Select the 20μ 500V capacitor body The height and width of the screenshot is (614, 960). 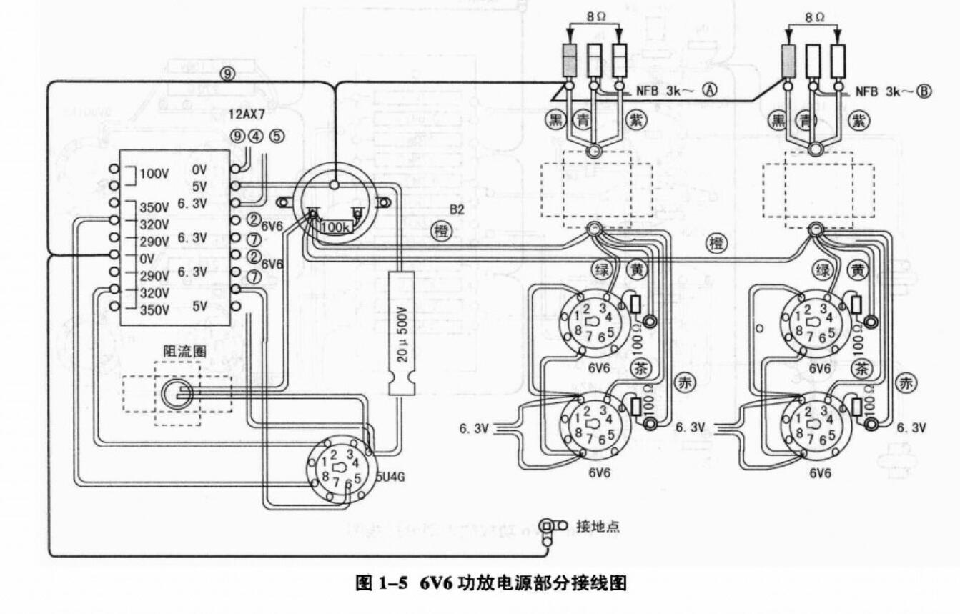coord(402,332)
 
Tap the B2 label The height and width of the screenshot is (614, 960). coord(457,209)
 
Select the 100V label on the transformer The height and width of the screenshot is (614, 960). coord(154,174)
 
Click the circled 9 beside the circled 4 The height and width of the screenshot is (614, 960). coord(237,134)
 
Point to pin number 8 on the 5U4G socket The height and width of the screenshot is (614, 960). coord(325,476)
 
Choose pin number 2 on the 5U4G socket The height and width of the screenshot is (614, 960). coord(333,455)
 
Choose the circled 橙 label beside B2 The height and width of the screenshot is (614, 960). coord(442,231)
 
